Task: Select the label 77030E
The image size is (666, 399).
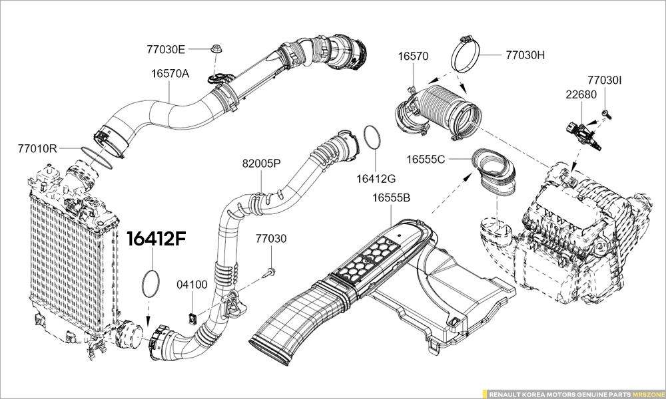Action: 166,49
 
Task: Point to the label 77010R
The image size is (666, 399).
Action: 37,148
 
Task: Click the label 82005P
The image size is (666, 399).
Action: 261,163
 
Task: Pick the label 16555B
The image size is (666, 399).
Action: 391,198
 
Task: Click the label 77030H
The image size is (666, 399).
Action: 525,55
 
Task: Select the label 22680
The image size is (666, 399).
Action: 581,94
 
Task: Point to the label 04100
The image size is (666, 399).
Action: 192,285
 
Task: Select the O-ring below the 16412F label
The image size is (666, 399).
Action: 151,283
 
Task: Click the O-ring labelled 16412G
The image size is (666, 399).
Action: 372,140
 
